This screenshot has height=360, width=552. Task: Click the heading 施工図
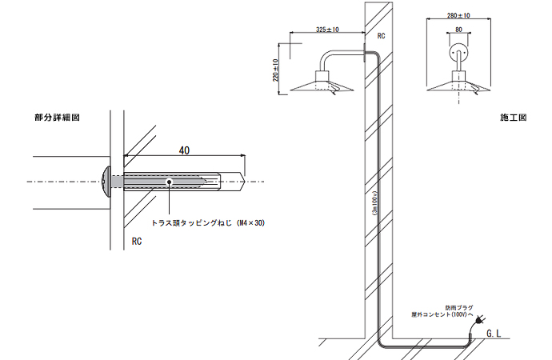click(x=512, y=118)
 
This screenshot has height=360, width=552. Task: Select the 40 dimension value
click(x=185, y=150)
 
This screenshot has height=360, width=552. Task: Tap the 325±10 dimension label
click(x=327, y=30)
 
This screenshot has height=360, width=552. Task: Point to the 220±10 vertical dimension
click(x=276, y=70)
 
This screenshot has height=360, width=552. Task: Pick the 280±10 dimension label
click(x=459, y=15)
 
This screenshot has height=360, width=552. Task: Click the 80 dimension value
click(x=458, y=30)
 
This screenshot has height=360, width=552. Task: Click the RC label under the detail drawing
click(x=138, y=240)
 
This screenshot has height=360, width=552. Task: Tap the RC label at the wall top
click(x=381, y=36)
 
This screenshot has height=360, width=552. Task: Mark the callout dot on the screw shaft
click(x=169, y=182)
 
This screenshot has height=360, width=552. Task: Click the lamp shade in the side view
click(x=322, y=86)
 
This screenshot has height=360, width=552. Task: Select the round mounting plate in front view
click(x=458, y=53)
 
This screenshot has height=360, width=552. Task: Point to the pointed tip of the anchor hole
click(x=242, y=182)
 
